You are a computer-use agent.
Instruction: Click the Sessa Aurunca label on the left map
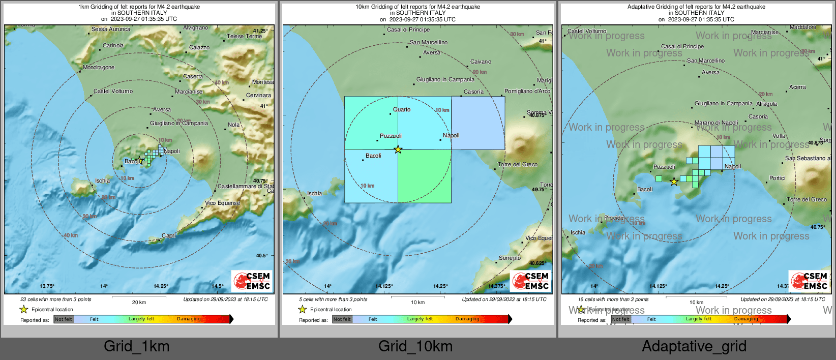110,29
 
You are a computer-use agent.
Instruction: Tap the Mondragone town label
99,68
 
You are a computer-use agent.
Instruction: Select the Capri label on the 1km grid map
169,235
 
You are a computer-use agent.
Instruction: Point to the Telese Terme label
244,37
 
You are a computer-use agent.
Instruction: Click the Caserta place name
193,77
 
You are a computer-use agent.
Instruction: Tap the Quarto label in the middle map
402,110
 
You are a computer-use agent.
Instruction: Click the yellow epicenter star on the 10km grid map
398,149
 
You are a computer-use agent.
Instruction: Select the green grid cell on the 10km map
425,176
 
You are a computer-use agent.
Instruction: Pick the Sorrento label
510,258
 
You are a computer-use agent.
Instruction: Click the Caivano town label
481,62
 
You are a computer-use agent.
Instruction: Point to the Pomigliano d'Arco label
527,92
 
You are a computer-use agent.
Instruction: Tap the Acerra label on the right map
797,87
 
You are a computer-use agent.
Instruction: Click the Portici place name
778,178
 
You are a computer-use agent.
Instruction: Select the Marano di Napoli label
716,123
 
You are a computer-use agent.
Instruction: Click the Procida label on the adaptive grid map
614,218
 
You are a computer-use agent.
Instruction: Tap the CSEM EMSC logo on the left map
252,281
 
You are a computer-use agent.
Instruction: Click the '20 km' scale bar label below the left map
139,303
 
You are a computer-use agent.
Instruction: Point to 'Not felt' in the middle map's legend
342,319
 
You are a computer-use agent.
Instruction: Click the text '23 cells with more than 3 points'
56,299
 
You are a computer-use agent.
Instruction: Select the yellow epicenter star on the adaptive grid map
674,182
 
